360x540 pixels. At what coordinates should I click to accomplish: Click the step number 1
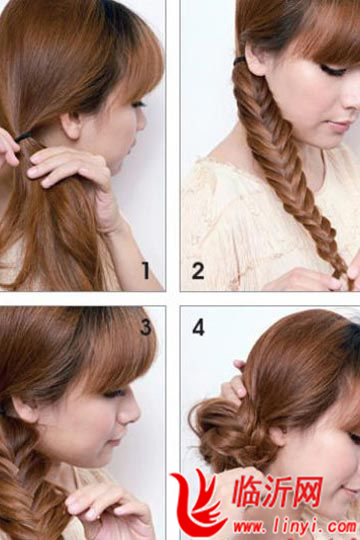(x=146, y=270)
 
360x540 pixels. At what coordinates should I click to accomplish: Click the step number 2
(x=198, y=271)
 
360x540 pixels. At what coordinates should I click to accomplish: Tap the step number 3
(x=146, y=327)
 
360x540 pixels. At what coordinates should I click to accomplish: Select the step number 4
(x=199, y=327)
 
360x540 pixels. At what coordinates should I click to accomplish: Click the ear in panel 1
(x=71, y=125)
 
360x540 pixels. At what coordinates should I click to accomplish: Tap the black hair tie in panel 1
(x=23, y=137)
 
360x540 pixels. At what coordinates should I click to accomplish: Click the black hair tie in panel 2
(x=240, y=61)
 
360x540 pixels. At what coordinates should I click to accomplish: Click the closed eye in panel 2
(x=332, y=71)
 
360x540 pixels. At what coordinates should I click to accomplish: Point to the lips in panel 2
(x=339, y=126)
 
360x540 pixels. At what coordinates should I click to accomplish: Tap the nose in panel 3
(x=130, y=411)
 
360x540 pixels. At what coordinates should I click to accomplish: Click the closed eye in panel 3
(x=114, y=393)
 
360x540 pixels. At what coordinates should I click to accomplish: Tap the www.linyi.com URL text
(x=295, y=527)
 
